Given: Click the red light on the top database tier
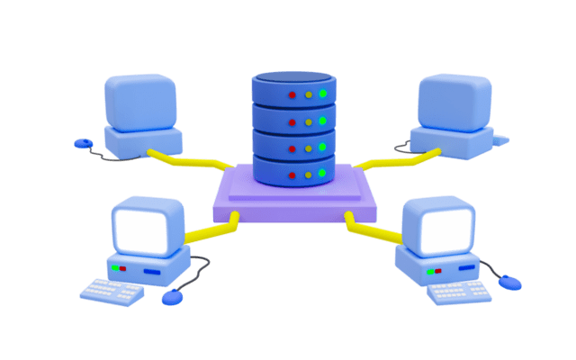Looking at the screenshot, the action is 292,94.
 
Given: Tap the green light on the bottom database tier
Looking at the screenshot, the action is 322,173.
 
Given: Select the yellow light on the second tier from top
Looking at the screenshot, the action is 308,121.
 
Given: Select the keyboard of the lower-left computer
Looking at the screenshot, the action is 112,291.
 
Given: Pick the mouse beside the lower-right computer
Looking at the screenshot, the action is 510,283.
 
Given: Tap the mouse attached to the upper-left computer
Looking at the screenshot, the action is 83,142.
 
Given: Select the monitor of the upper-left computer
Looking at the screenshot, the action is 140,101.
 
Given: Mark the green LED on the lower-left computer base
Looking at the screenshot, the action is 115,268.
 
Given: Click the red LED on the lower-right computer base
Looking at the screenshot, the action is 438,270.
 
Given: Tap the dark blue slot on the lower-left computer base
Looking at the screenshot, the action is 152,270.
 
